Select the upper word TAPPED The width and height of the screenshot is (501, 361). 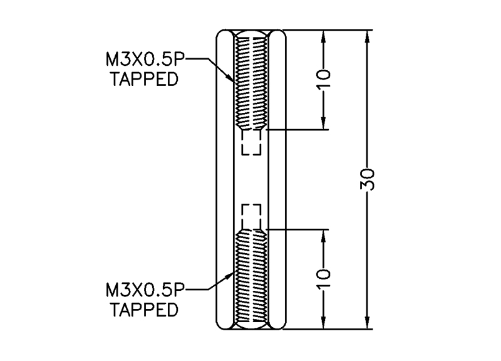143,80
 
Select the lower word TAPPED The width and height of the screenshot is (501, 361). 143,309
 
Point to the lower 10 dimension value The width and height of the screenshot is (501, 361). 324,280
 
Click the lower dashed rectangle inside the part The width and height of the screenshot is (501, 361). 251,216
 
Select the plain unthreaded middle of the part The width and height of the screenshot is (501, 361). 251,179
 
